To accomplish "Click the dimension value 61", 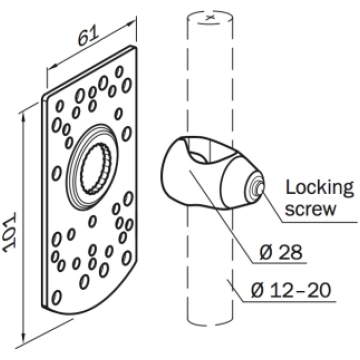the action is (89, 36).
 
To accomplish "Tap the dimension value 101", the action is (10, 231).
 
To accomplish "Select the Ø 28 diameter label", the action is (281, 253).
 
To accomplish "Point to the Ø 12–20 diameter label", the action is (291, 290).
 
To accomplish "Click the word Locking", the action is (319, 189).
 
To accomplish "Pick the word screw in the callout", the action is (311, 209).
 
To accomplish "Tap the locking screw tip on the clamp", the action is (259, 188).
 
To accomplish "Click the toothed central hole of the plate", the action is (94, 169).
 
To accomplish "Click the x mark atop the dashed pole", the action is (210, 18).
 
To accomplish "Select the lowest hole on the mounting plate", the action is (56, 297).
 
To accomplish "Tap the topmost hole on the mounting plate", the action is (119, 72).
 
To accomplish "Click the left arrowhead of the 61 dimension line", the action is (51, 67).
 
